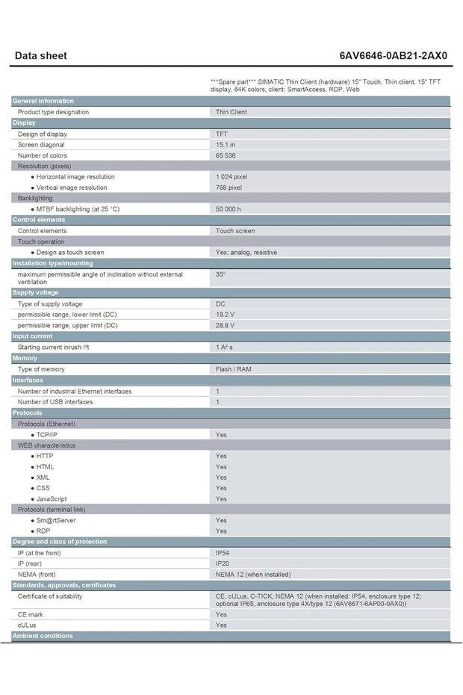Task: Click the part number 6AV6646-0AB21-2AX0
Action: pyautogui.click(x=394, y=55)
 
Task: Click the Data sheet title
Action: pyautogui.click(x=41, y=55)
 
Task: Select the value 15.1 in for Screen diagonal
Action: pyautogui.click(x=226, y=144)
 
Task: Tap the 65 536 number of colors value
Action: pyautogui.click(x=226, y=155)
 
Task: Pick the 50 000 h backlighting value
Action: pyautogui.click(x=229, y=209)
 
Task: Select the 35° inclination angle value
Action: pyautogui.click(x=220, y=274)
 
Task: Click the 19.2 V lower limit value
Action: pyautogui.click(x=225, y=315)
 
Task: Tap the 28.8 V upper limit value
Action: pyautogui.click(x=225, y=326)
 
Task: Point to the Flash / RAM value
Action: pyautogui.click(x=234, y=369)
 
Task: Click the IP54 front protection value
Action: pyautogui.click(x=223, y=553)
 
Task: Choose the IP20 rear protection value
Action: pyautogui.click(x=223, y=563)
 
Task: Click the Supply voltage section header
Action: pyautogui.click(x=35, y=293)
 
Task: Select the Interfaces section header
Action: pyautogui.click(x=28, y=380)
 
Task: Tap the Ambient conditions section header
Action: pyautogui.click(x=43, y=636)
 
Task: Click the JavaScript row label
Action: pyautogui.click(x=52, y=498)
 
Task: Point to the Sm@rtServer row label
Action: pyautogui.click(x=56, y=520)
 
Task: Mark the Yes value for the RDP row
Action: pyautogui.click(x=221, y=531)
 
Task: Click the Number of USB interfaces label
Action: pyautogui.click(x=55, y=402)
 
